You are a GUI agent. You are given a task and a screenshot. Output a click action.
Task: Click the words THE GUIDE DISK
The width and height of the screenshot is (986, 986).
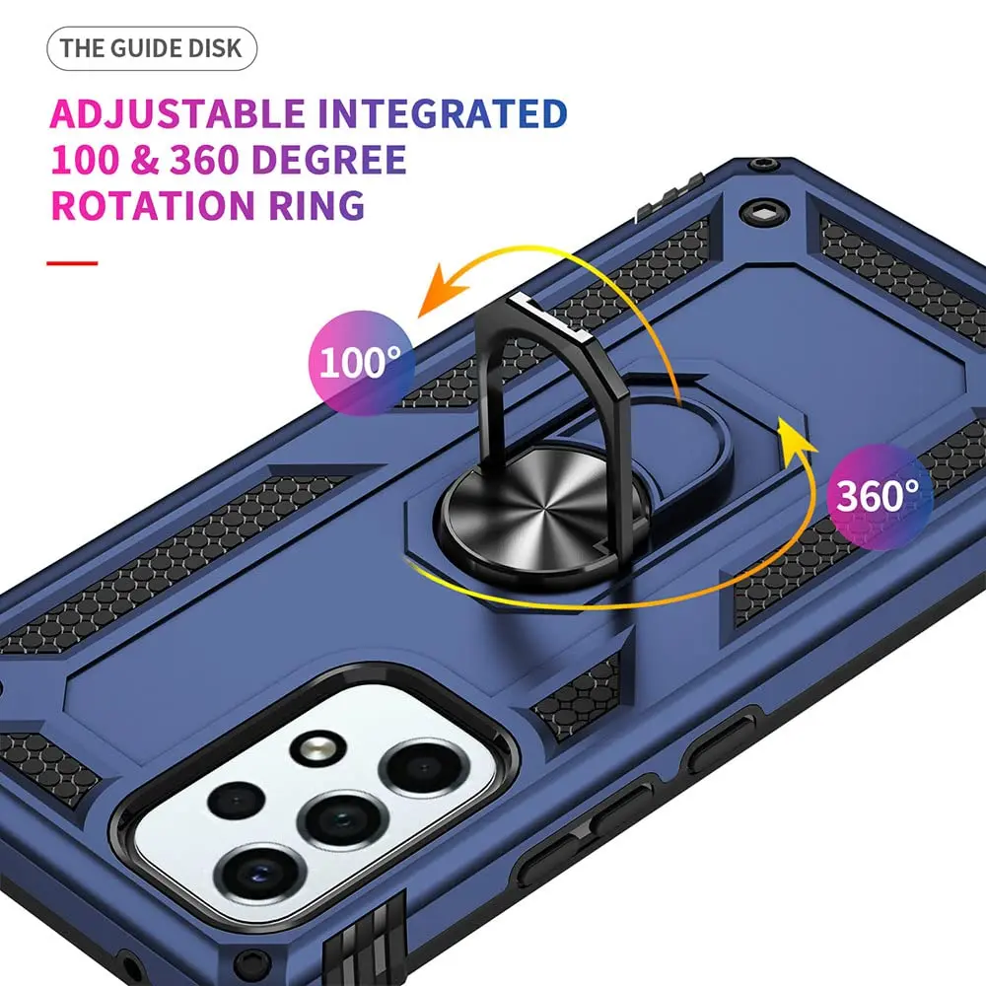(151, 48)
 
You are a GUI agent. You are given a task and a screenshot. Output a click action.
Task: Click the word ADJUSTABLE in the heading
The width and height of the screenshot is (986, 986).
(177, 113)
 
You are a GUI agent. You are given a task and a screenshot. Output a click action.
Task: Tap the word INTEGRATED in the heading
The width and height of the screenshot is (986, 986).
(443, 113)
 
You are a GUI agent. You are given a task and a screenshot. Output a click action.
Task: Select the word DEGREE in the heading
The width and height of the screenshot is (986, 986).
(328, 160)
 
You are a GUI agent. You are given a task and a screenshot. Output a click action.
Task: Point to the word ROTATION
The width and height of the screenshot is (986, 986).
(154, 205)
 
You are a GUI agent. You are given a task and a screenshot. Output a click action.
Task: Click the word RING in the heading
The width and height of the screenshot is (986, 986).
(317, 205)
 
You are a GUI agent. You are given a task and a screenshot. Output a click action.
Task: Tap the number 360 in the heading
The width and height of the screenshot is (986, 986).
(205, 160)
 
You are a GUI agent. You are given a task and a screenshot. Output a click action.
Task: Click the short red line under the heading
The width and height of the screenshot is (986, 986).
(72, 263)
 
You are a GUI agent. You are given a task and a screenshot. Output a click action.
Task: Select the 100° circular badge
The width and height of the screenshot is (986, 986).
(361, 363)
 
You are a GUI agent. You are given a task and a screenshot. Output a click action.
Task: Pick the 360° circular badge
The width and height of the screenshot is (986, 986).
(880, 496)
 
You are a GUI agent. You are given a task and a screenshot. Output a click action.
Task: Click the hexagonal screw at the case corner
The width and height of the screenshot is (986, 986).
(763, 213)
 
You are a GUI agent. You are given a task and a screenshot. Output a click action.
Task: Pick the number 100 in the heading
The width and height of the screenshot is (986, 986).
(85, 160)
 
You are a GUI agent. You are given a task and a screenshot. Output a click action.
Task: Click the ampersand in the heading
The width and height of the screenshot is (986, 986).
(145, 160)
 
